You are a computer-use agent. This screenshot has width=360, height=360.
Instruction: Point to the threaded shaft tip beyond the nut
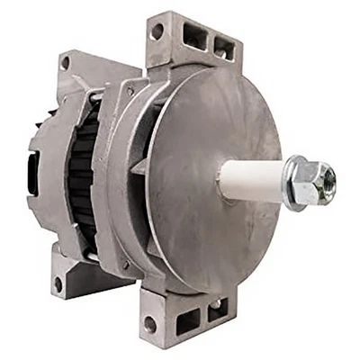tap(329, 180)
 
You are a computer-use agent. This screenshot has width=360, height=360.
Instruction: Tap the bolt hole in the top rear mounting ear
tap(64, 62)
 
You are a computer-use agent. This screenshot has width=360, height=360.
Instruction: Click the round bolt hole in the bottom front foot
tap(148, 321)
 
